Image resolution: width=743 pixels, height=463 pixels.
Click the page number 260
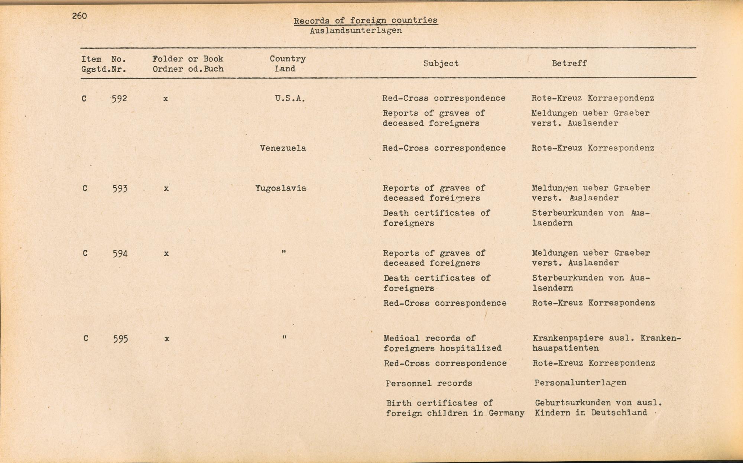point(80,16)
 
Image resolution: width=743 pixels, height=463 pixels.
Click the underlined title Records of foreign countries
point(366,21)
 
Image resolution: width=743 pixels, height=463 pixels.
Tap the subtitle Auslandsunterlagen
point(356,30)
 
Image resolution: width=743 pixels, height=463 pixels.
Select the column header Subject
point(441,64)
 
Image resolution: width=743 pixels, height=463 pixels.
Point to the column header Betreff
point(569,64)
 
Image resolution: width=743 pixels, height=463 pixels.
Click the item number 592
point(119,98)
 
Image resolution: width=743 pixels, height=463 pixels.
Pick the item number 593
point(120,188)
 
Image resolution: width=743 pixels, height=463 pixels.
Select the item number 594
point(120,254)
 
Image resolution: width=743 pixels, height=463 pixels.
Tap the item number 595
point(121,339)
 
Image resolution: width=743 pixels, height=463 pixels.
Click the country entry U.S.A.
point(290,98)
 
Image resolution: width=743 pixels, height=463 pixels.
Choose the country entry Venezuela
point(283,148)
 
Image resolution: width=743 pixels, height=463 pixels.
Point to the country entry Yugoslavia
point(281,188)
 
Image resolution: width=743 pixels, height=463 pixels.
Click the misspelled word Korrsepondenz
point(621,98)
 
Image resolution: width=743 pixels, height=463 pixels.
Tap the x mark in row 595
point(167,339)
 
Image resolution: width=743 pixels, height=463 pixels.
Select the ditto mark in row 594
point(284,252)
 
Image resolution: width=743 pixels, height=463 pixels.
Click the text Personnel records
point(429,383)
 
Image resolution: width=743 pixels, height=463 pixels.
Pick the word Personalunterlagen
point(580,383)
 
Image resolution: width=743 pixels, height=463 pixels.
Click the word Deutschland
point(619,412)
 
